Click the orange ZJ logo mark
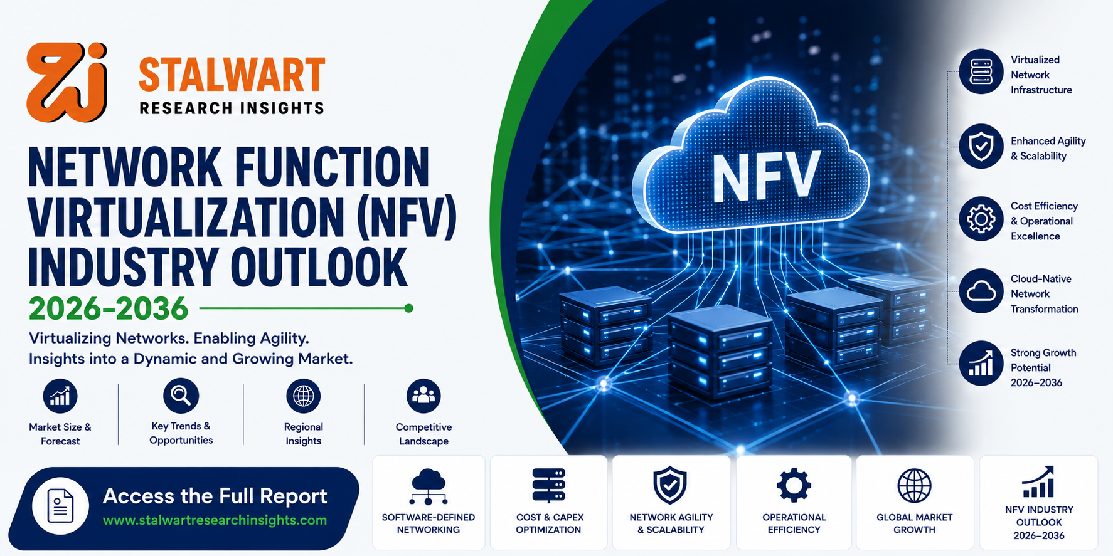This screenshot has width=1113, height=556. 67,82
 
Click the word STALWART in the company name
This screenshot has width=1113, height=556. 232,75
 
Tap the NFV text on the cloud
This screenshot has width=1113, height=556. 766,177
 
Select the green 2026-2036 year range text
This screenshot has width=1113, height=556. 109,308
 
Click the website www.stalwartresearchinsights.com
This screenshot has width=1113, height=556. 215,520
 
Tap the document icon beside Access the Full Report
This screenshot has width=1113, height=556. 61,506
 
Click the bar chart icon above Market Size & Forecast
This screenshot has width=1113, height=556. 60,396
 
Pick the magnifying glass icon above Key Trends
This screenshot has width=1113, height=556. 181,396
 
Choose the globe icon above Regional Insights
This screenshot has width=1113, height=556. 304,396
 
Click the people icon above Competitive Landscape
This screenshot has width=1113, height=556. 423,396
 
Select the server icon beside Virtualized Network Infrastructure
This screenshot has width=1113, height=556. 981,71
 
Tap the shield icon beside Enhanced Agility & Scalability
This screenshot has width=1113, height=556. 981,146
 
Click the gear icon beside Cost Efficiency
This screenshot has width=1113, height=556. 981,219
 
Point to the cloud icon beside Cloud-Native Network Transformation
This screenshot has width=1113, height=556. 981,291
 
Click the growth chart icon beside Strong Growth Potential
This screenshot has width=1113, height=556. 981,364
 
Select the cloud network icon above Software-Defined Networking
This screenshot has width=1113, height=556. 429,486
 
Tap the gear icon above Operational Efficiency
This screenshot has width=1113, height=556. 794,485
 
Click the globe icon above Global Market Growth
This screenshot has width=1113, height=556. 914,486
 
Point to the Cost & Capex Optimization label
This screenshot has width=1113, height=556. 549,523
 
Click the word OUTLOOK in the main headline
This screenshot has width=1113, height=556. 319,268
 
